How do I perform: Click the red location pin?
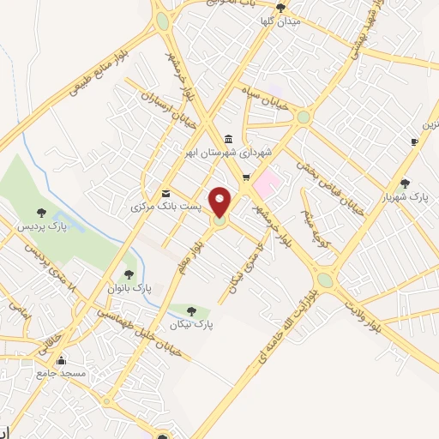point(220,201)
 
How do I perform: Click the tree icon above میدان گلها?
point(280,8)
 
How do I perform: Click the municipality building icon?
point(227,139)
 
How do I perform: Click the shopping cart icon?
point(247,178)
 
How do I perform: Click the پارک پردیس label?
point(41,226)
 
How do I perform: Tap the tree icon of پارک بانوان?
point(129,274)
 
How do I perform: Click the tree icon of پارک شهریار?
point(405,183)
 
